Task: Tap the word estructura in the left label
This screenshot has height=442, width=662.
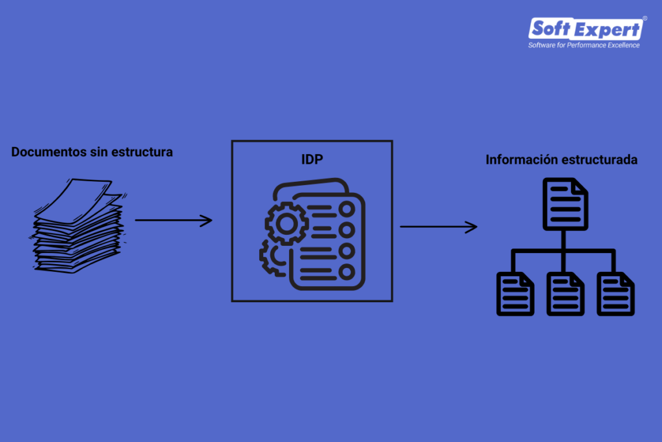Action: pyautogui.click(x=142, y=153)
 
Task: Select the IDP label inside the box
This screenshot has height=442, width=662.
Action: pyautogui.click(x=312, y=159)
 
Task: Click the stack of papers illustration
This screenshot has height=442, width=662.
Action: pyautogui.click(x=78, y=227)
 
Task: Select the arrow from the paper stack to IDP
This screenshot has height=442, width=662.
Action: pyautogui.click(x=173, y=220)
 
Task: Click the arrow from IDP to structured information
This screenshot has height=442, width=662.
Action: pyautogui.click(x=438, y=227)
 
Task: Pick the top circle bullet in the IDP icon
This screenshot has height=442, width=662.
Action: pyautogui.click(x=347, y=210)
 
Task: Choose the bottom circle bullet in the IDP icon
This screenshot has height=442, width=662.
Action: pyautogui.click(x=347, y=271)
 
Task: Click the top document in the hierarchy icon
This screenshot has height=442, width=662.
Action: pyautogui.click(x=564, y=204)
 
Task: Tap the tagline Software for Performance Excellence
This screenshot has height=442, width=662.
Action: pyautogui.click(x=584, y=45)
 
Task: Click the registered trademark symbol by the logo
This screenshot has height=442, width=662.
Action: pyautogui.click(x=645, y=19)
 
